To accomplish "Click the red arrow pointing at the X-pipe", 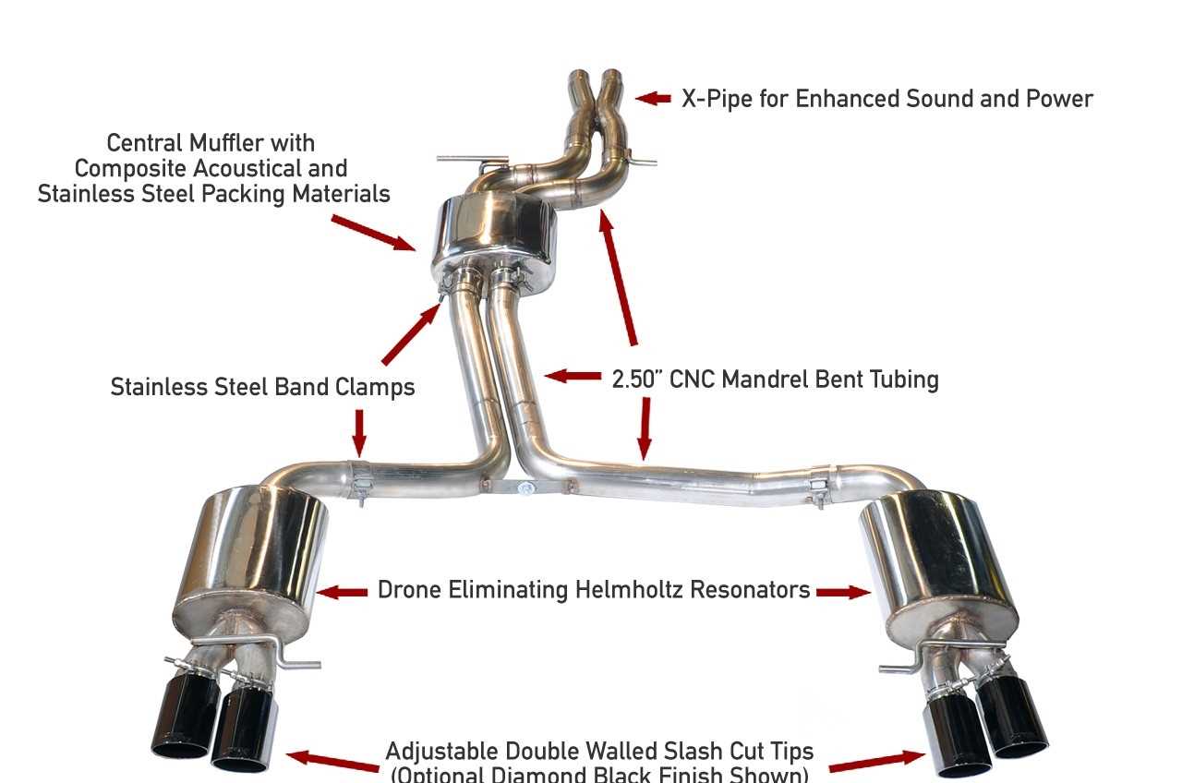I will click(653, 98).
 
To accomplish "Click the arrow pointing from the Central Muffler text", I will click(373, 232).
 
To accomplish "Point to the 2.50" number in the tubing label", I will click(638, 379).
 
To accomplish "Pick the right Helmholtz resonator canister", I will click(935, 554).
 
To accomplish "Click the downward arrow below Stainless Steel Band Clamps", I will click(359, 432).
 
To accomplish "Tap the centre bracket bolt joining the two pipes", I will click(525, 488).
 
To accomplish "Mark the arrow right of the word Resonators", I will click(843, 592).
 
